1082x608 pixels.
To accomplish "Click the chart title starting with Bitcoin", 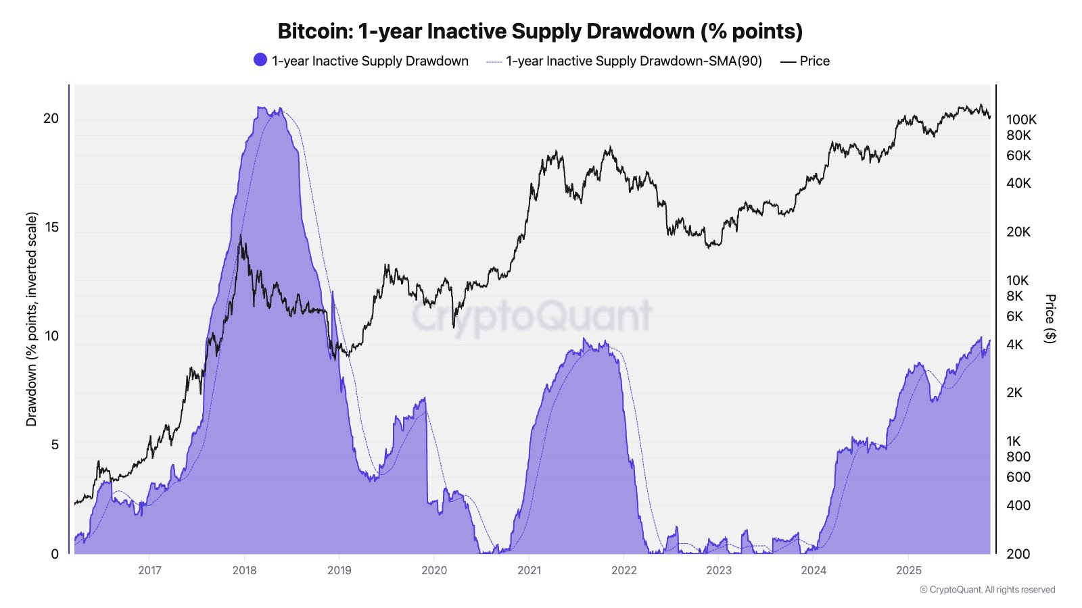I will tap(540, 31).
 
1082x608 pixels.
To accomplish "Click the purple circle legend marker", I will tap(260, 60).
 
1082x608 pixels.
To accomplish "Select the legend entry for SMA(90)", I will tap(634, 61).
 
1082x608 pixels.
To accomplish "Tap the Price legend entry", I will tap(814, 61).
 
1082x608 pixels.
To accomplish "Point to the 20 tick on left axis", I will tap(51, 118).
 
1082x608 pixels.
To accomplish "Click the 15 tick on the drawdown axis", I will tap(51, 227).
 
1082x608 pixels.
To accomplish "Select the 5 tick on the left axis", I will tap(55, 445).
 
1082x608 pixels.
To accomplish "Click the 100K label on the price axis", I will tap(1021, 120).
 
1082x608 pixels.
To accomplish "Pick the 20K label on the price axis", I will tap(1018, 232).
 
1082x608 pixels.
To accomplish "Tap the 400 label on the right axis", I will tap(1018, 505).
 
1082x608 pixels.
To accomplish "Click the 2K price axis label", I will tap(1014, 392).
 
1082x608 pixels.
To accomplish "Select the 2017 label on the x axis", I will tap(149, 570).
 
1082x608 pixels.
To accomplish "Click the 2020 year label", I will tap(434, 570).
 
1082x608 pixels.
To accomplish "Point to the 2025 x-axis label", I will tap(909, 570).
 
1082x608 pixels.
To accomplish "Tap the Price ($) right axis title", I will tap(1050, 319).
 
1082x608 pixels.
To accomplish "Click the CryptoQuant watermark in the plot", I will tap(532, 316).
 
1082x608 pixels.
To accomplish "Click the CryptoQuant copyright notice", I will tap(987, 590).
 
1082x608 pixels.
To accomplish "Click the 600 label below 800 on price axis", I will tap(1018, 477).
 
